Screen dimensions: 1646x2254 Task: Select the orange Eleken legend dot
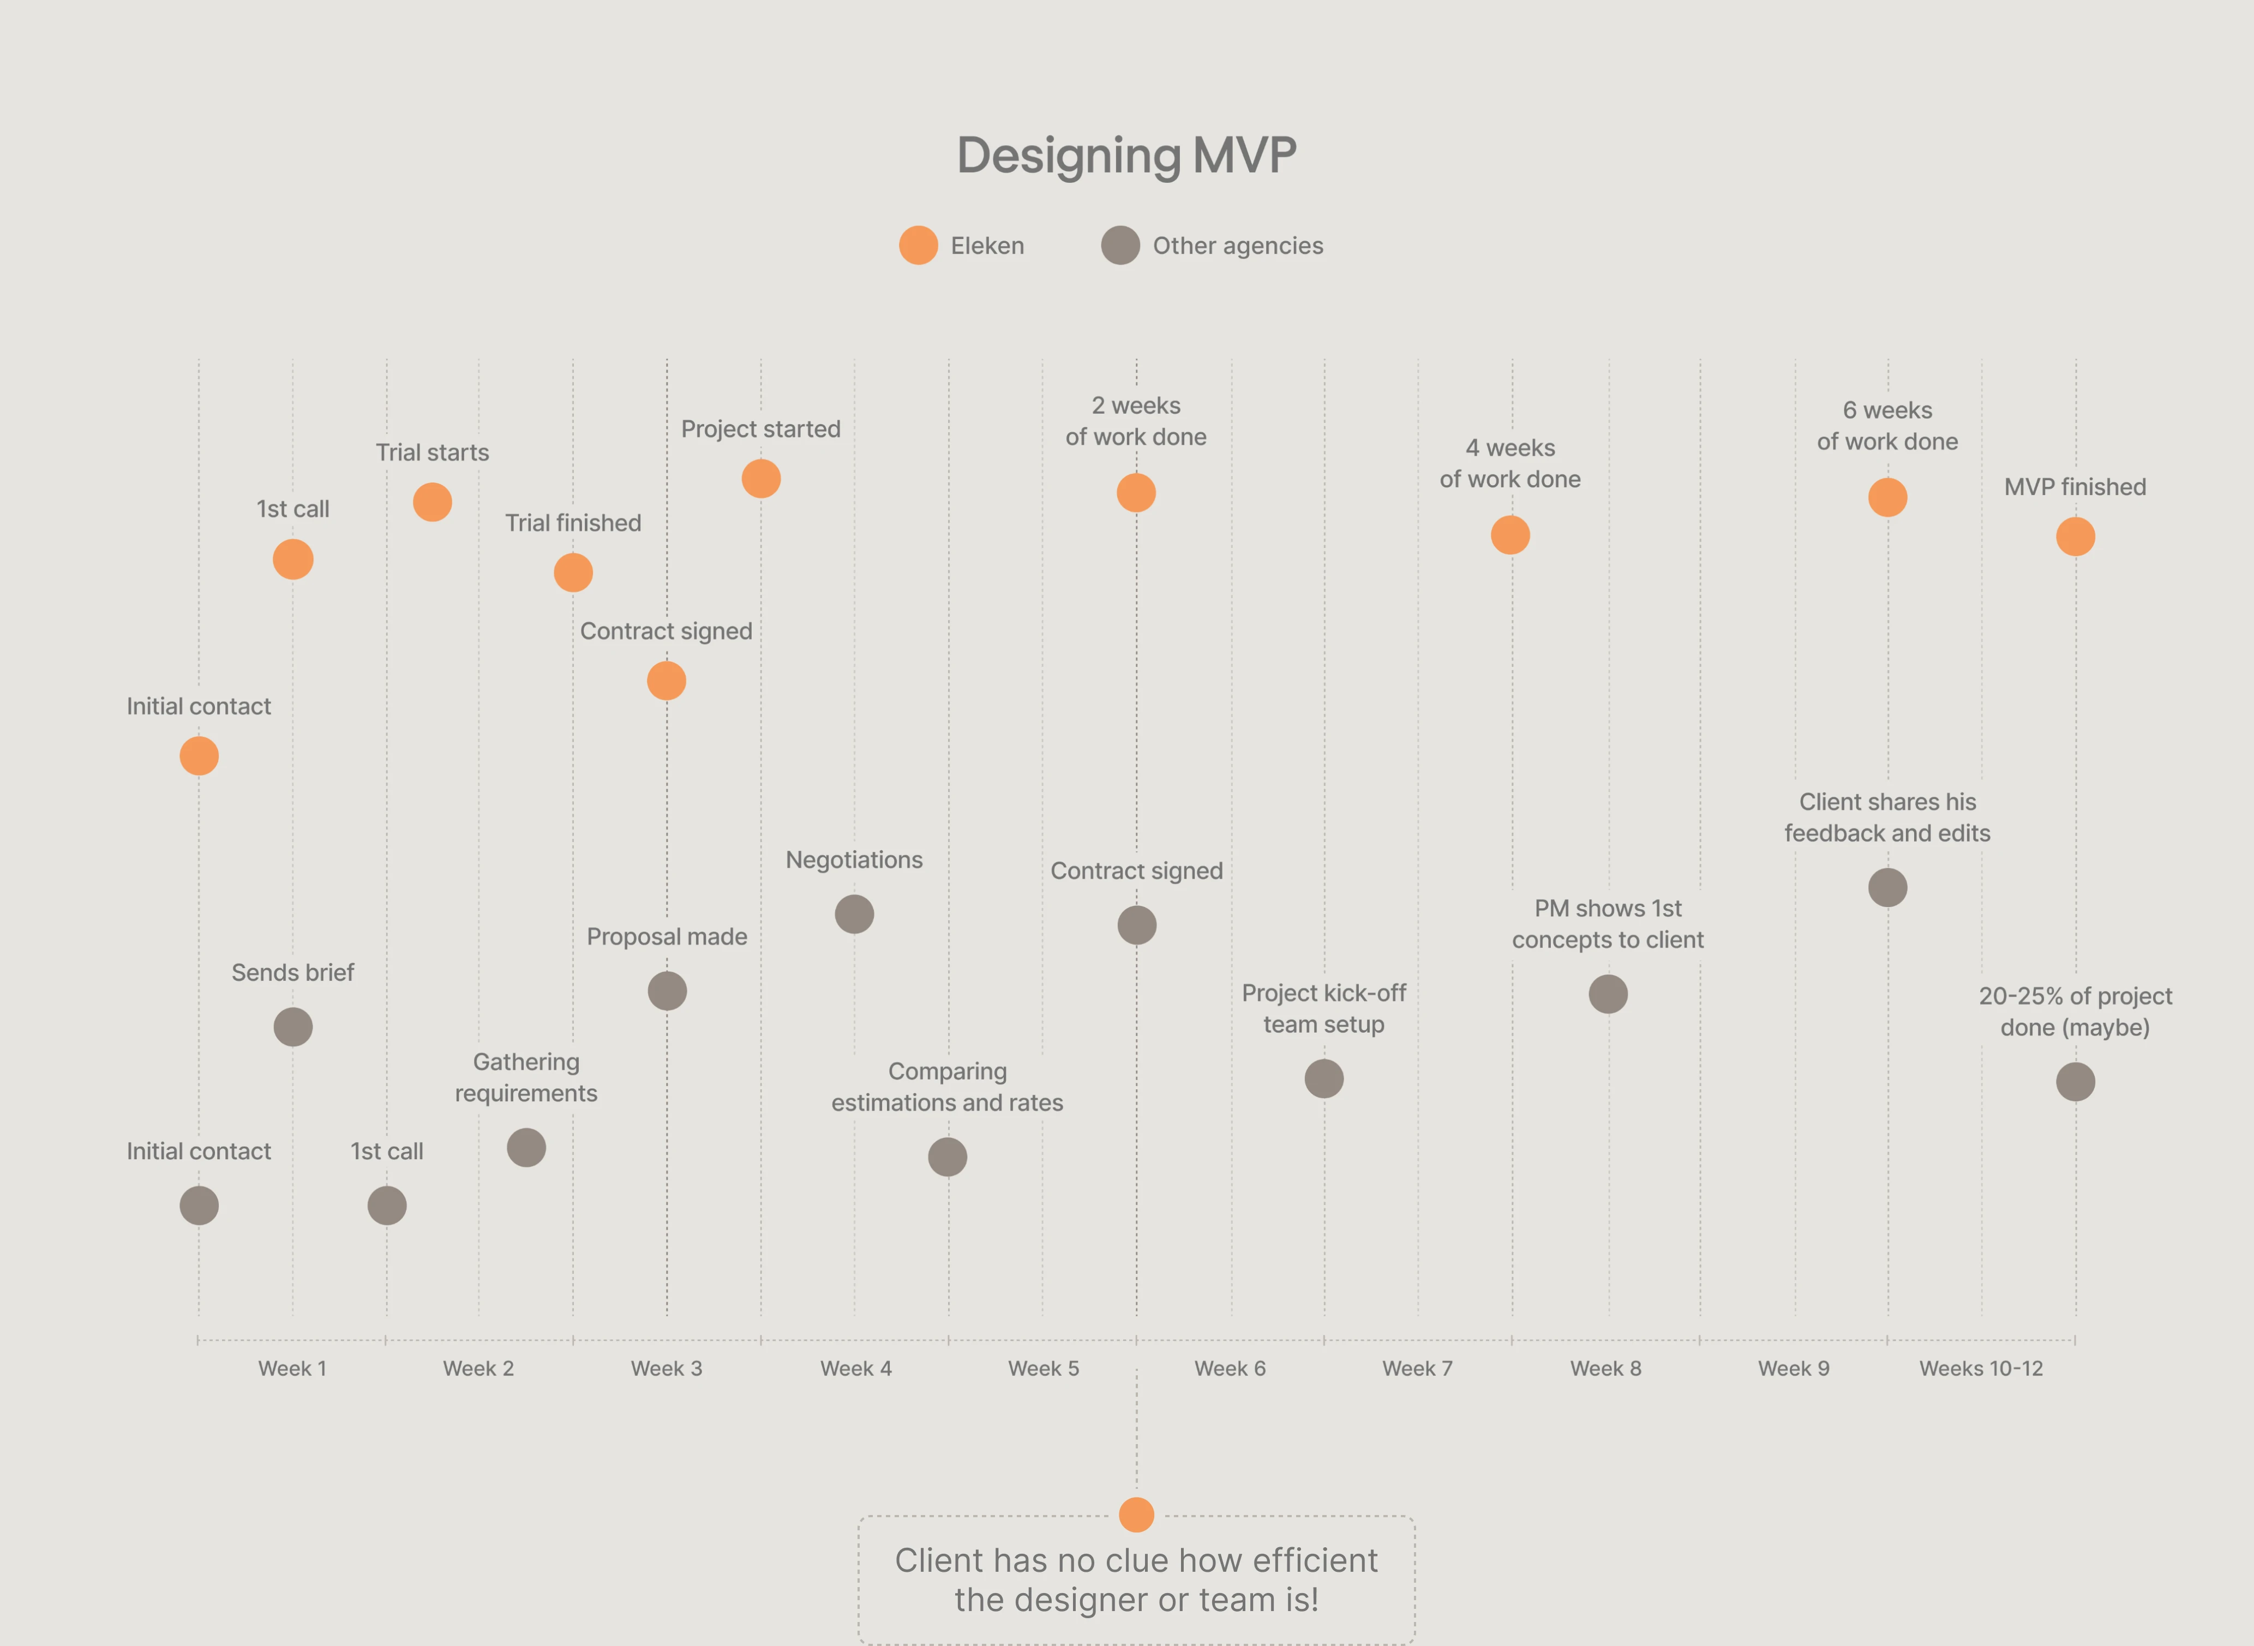click(918, 245)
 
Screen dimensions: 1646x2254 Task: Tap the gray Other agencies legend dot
click(1119, 245)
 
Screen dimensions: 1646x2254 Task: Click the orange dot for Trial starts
click(432, 502)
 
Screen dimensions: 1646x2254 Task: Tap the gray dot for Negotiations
click(854, 914)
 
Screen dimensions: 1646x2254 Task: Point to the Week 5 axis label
click(1043, 1369)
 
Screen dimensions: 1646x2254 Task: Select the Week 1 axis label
click(292, 1369)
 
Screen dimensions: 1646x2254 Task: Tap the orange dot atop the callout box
click(1136, 1514)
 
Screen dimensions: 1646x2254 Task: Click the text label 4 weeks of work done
click(1510, 463)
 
